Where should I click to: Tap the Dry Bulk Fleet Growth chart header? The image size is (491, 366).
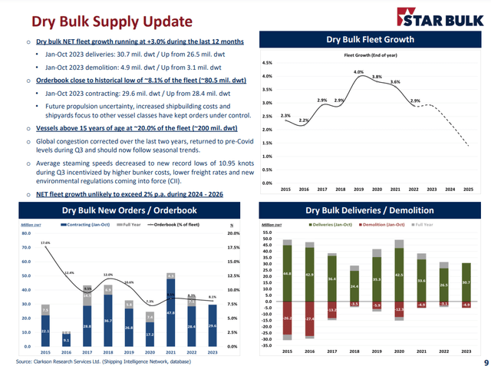point(371,39)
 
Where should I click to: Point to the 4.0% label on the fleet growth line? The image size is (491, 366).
point(358,71)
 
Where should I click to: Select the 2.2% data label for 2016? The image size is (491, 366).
point(304,120)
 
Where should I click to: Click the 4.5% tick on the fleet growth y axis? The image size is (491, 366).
point(267,63)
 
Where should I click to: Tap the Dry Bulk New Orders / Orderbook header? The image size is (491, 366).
point(125,211)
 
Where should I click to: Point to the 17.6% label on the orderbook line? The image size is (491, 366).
point(46,242)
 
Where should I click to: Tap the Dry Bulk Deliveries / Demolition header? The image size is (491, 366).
point(370,210)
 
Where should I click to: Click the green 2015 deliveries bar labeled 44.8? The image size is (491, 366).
point(287,273)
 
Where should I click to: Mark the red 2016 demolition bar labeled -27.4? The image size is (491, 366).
point(309,318)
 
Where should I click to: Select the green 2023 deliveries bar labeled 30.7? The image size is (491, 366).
point(466,282)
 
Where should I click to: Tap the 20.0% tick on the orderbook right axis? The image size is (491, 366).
point(236,233)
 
